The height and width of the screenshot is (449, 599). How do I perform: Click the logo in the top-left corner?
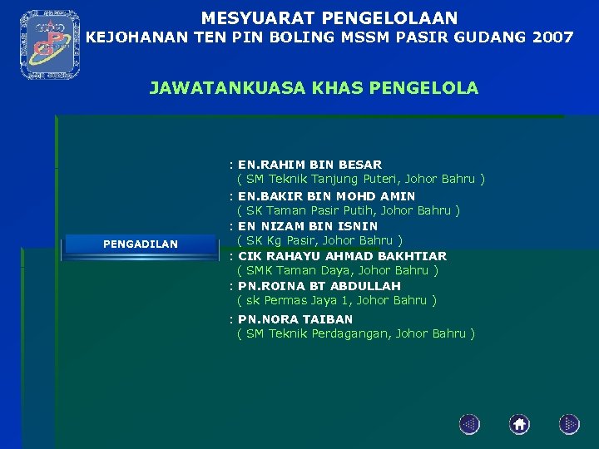point(49,45)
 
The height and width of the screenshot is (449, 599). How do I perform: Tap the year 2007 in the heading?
point(550,37)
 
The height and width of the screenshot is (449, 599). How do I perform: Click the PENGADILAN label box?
point(140,244)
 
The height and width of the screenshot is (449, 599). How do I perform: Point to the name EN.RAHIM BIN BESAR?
point(309,165)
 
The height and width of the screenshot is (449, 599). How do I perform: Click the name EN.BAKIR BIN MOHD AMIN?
point(326,196)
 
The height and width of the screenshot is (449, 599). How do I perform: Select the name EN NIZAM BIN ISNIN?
point(308,226)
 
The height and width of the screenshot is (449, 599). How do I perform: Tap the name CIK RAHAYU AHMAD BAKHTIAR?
point(342,256)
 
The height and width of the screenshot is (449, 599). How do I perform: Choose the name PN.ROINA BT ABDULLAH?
point(319,286)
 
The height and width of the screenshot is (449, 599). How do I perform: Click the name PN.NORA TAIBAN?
point(295,319)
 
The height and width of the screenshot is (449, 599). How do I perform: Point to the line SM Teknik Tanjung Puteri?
point(360,179)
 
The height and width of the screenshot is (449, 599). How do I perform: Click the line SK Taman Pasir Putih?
point(348,210)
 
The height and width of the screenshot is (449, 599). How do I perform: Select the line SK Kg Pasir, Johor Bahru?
point(319,240)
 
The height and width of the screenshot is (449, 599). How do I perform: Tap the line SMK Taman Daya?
point(337,270)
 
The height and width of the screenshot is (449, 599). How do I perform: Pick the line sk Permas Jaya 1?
point(336,300)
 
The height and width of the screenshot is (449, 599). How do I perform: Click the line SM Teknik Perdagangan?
point(355,333)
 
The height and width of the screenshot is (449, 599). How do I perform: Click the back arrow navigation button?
point(469,425)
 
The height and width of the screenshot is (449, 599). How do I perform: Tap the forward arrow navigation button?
point(569,425)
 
